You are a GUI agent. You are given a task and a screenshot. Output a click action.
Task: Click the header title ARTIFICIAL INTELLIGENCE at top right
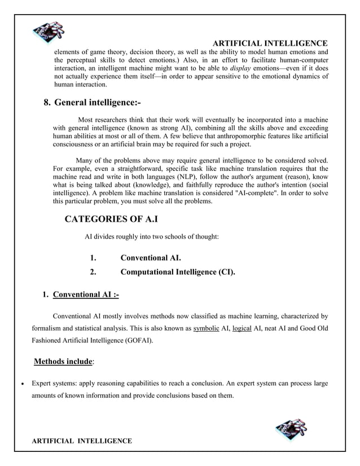pos(271,43)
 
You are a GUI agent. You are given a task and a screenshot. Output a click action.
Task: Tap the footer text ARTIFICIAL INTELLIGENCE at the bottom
pos(81,440)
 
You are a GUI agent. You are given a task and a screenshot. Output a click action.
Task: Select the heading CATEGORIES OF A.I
pos(111,219)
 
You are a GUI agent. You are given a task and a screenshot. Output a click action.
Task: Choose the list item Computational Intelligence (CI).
pos(178,272)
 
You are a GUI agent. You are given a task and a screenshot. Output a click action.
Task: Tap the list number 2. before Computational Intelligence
pos(93,272)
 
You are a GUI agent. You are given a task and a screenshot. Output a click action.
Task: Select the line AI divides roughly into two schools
pos(151,237)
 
